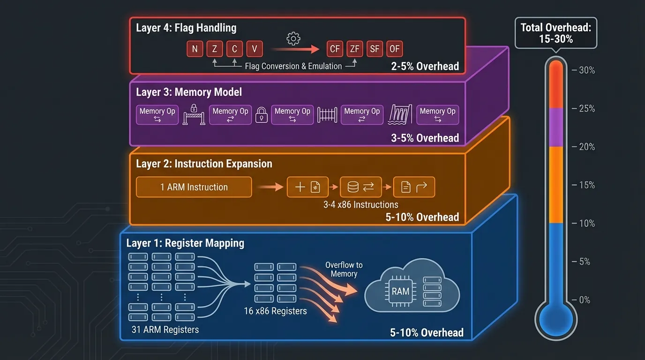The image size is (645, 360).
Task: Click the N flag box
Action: (195, 49)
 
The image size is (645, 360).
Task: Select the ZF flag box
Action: (354, 49)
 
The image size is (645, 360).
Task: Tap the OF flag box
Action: (394, 49)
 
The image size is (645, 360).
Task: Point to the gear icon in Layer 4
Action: (293, 38)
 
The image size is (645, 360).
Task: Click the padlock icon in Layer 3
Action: (261, 114)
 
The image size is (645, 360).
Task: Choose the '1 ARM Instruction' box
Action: (194, 187)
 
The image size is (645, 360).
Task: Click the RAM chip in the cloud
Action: (400, 291)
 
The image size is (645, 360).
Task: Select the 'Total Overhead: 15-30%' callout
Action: (556, 33)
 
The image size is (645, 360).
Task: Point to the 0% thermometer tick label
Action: (585, 300)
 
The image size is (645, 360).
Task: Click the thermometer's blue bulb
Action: (556, 320)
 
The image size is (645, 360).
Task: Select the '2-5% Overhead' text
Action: (425, 66)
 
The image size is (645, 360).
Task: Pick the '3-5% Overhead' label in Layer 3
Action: (425, 138)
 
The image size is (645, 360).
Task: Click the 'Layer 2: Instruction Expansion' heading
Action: (204, 164)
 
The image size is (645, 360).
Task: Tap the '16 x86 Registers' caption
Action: (275, 311)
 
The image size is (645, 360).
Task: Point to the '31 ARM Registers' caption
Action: (165, 330)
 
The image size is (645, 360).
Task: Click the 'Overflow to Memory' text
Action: (344, 270)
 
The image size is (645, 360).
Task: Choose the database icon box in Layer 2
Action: (360, 187)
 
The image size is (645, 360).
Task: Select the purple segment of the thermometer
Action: (556, 127)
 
